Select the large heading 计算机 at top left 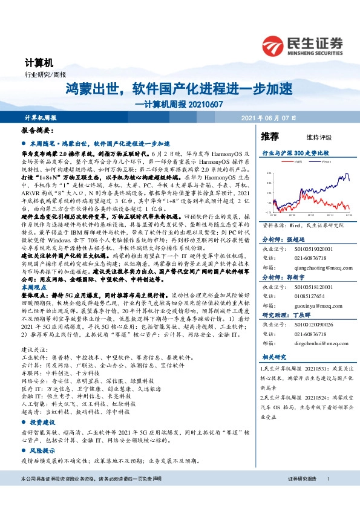[x=39, y=62]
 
